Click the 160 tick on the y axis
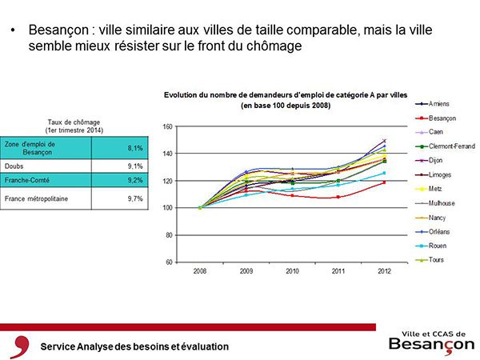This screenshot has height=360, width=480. [168, 126]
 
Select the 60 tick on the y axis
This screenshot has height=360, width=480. [170, 262]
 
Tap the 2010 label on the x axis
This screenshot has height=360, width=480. [292, 270]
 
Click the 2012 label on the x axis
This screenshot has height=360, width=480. [384, 270]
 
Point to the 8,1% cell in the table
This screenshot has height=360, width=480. [135, 148]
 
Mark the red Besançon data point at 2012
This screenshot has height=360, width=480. [384, 182]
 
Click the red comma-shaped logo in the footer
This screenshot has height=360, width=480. [17, 346]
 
